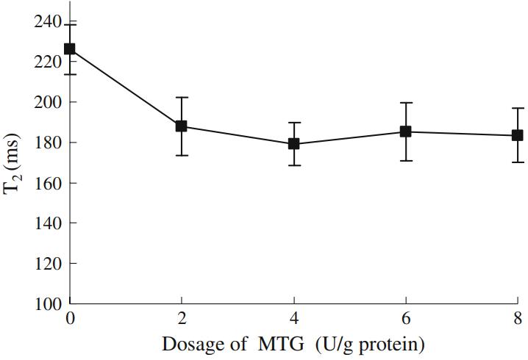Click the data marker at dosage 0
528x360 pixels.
pyautogui.click(x=70, y=48)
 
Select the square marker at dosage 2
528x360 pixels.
pyautogui.click(x=182, y=126)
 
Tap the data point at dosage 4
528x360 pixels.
pyautogui.click(x=294, y=143)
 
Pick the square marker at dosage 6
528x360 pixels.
pyautogui.click(x=405, y=132)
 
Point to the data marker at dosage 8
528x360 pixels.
pyautogui.click(x=517, y=135)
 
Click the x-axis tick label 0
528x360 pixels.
pyautogui.click(x=70, y=319)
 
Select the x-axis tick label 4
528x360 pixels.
pyautogui.click(x=294, y=319)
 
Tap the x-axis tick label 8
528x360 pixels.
pyautogui.click(x=518, y=319)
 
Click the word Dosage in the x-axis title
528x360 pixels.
pyautogui.click(x=190, y=344)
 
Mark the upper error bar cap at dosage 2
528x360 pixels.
pyautogui.click(x=182, y=98)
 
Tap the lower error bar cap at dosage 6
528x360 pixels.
pyautogui.click(x=405, y=160)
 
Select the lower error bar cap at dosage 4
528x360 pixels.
pyautogui.click(x=294, y=165)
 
